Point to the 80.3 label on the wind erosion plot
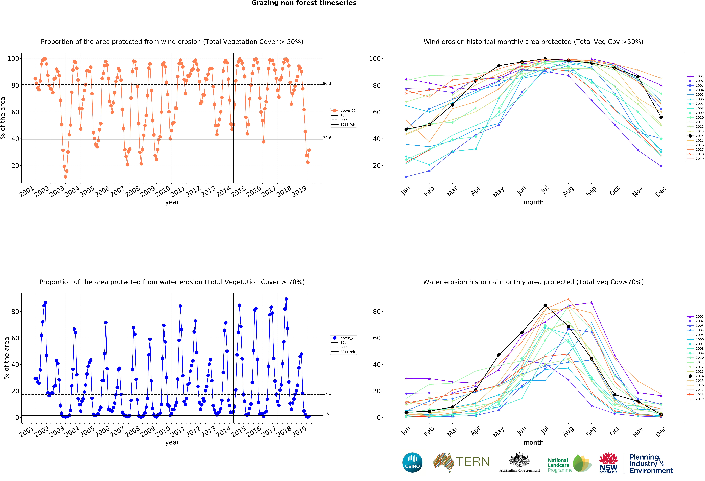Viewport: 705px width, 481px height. point(327,84)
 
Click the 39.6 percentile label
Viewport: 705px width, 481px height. point(327,138)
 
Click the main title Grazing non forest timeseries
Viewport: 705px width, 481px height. point(304,3)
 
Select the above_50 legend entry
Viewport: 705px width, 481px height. point(344,111)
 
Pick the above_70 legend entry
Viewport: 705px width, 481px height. point(344,338)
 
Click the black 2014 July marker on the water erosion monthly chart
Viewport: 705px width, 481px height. point(545,305)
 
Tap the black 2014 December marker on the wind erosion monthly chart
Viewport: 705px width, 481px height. point(661,117)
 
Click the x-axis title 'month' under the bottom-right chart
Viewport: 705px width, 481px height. point(533,442)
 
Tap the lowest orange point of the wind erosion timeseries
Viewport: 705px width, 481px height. point(66,177)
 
